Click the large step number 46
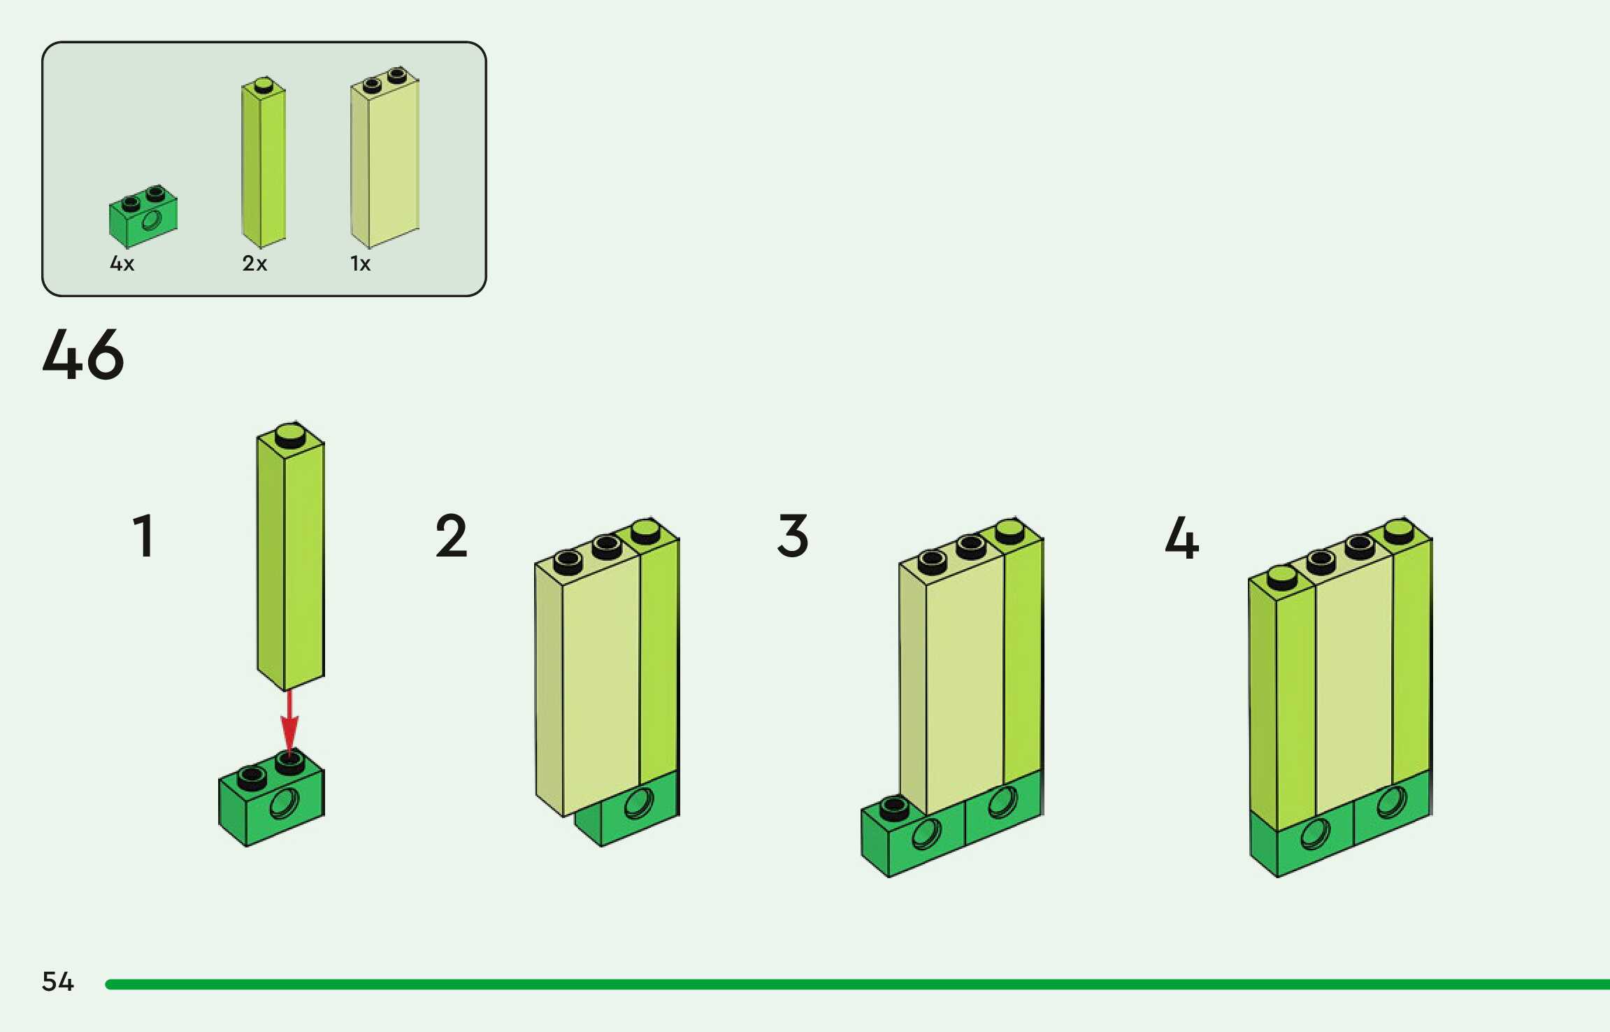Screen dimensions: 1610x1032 click(83, 354)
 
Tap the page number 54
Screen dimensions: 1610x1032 click(57, 982)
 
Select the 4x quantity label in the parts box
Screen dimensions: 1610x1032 click(122, 264)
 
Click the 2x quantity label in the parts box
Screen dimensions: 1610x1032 click(254, 264)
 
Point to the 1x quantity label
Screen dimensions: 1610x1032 click(360, 264)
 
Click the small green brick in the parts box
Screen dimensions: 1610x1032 click(143, 217)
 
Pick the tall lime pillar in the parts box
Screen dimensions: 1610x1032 click(264, 164)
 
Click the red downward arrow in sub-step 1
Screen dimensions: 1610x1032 click(289, 720)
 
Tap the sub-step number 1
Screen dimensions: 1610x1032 click(143, 536)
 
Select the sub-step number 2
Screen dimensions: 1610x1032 click(451, 536)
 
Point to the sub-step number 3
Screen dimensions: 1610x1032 click(793, 536)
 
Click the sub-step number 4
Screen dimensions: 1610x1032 click(1181, 538)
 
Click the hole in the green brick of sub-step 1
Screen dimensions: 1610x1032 click(285, 803)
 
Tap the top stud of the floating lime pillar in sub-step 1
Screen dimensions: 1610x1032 click(290, 435)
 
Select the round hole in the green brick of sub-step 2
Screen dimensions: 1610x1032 click(639, 802)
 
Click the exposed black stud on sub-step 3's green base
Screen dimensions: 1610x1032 click(894, 808)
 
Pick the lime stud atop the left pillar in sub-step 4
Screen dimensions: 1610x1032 click(1282, 577)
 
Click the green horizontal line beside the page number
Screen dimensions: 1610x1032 click(839, 984)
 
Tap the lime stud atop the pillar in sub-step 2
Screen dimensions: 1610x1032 click(645, 531)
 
